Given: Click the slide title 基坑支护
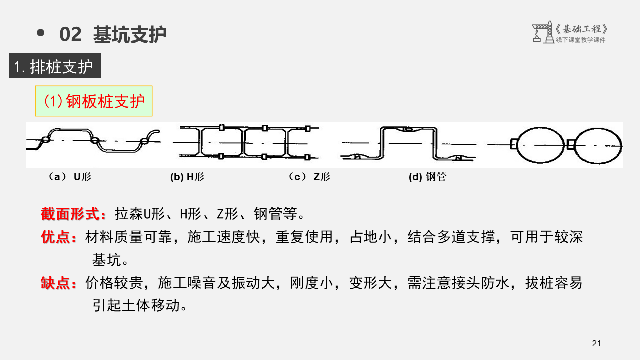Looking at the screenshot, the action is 130,34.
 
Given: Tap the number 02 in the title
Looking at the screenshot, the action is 70,34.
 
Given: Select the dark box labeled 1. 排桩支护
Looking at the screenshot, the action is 55,66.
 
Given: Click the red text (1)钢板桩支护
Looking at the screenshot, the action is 94,102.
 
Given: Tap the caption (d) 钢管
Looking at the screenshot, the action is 427,177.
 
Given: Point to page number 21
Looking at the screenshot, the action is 596,343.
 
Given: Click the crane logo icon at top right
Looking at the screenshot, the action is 542,33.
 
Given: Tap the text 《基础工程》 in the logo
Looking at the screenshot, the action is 582,29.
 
